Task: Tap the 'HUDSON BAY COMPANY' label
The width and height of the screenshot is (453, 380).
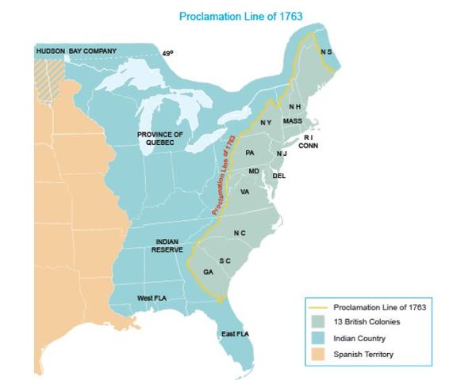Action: (x=76, y=51)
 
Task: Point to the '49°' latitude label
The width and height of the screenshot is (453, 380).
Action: (x=167, y=54)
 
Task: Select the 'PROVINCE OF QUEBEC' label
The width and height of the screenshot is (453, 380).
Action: (x=159, y=139)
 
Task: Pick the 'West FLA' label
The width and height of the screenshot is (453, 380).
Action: (x=152, y=298)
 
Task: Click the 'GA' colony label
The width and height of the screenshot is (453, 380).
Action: (x=209, y=272)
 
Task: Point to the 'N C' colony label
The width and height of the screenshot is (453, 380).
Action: (x=240, y=233)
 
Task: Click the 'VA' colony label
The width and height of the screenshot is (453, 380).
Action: (x=245, y=192)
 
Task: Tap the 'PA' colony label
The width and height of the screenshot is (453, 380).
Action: (x=250, y=151)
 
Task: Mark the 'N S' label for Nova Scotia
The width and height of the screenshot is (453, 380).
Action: (x=326, y=52)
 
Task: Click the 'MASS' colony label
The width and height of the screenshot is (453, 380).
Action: (x=293, y=121)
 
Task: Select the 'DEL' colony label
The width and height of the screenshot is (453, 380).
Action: (x=279, y=176)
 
